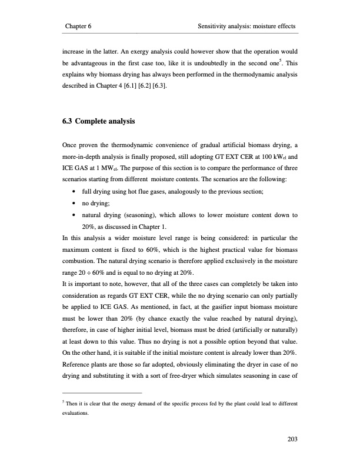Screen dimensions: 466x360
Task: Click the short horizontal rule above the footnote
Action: (x=102, y=392)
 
